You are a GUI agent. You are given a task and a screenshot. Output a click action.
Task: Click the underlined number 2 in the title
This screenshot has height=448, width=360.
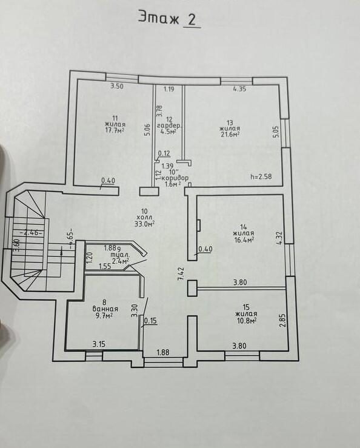[x=192, y=19]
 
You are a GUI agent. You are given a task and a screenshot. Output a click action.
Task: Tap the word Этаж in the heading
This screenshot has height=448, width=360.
[x=159, y=17]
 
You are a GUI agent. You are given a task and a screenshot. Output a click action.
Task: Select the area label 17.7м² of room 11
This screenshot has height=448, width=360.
[x=115, y=130]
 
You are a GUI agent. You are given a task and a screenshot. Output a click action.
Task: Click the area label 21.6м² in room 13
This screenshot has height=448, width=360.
[x=230, y=134]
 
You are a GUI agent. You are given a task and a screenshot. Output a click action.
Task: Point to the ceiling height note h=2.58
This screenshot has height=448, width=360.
[x=261, y=176]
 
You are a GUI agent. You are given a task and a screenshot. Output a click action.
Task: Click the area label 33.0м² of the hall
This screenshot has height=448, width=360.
[x=145, y=224]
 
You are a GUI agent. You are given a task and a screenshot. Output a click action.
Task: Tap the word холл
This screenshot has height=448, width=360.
[x=145, y=218]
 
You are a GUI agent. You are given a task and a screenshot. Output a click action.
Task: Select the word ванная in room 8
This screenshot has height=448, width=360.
[x=105, y=309]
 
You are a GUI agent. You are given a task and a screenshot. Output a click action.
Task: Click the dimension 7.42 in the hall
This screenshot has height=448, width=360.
[x=181, y=274]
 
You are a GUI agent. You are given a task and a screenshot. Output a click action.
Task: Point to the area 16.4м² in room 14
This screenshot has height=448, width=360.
[x=245, y=239]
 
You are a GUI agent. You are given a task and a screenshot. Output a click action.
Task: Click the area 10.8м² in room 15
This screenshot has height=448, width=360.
[x=246, y=320]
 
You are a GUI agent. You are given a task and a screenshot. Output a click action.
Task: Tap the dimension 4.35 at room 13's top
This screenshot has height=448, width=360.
[x=239, y=89]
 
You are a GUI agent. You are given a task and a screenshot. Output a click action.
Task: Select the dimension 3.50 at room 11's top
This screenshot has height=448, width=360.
[x=117, y=86]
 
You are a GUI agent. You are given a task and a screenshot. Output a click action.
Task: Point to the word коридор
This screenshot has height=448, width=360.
[x=175, y=178]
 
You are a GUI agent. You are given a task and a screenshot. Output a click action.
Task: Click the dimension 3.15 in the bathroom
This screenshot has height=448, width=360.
[x=99, y=344]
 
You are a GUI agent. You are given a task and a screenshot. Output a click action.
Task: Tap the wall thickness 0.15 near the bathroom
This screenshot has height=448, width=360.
[x=150, y=321]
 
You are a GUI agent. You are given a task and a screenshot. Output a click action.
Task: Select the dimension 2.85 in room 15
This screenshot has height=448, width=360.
[x=282, y=321]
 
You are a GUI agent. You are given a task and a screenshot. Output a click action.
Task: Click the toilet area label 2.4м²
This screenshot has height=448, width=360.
[x=119, y=261]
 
